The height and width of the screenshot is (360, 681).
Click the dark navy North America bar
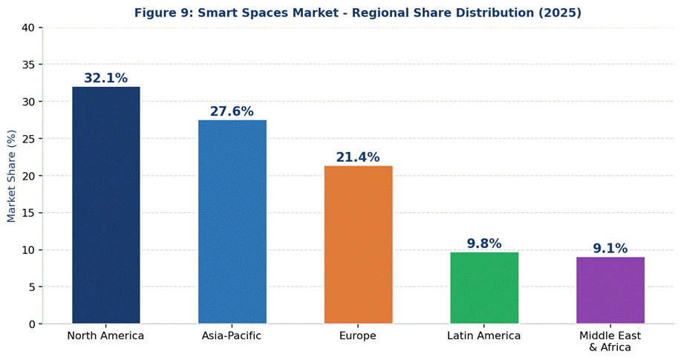tap(105, 205)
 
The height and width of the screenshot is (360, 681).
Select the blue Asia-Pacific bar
tap(232, 221)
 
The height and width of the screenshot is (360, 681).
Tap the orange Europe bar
tap(358, 244)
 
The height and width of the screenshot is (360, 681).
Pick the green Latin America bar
tap(484, 288)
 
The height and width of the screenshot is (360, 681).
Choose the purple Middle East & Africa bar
tap(610, 290)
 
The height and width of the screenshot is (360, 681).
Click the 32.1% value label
tap(105, 79)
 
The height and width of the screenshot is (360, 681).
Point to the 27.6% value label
tap(232, 112)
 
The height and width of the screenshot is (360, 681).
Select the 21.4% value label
tap(358, 158)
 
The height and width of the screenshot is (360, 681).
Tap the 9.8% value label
tap(484, 244)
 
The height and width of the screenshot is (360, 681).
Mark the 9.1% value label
tap(610, 249)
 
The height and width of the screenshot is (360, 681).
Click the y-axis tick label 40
tap(28, 28)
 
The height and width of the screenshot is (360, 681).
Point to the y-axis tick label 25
tap(28, 139)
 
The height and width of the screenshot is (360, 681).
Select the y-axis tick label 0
tap(31, 324)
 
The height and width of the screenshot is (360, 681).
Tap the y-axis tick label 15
tap(28, 213)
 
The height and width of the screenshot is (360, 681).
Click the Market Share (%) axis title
tap(12, 176)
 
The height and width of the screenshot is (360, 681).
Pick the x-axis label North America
tap(105, 336)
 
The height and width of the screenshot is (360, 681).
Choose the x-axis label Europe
tap(358, 336)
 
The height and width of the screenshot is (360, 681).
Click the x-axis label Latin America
tap(484, 336)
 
